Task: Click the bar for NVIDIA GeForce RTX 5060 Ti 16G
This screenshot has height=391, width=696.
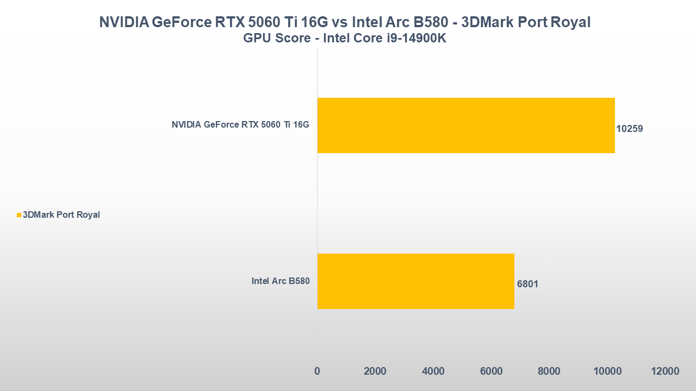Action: coord(466,125)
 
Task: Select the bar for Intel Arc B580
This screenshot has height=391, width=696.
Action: coord(415,281)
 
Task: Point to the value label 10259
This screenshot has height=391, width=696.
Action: coord(630,129)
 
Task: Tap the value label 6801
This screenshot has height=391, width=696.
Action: coord(527,284)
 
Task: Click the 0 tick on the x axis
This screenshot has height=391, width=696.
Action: coord(317,371)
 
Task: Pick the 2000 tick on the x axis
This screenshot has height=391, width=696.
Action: coord(375,371)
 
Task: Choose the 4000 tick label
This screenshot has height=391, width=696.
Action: coord(433,371)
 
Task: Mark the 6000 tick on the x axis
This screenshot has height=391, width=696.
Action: coord(491,371)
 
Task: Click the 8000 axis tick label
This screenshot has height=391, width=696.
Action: coord(549,371)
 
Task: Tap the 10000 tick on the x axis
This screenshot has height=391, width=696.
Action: coord(607,371)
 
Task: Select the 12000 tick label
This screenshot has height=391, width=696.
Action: coord(665,371)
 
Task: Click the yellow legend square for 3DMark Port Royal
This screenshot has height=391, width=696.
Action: coord(19,215)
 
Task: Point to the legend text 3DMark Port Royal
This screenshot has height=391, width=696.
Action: coord(61,215)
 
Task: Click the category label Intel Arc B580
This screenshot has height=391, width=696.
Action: coord(280,281)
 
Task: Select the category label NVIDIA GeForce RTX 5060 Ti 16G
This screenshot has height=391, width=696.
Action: coord(240,125)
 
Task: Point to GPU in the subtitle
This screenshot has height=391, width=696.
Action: coord(256,39)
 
